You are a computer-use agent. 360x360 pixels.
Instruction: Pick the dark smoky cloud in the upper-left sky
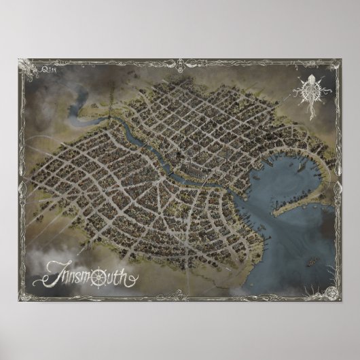click(x=51, y=88)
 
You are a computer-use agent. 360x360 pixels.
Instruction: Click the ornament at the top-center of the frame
click(x=180, y=62)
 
